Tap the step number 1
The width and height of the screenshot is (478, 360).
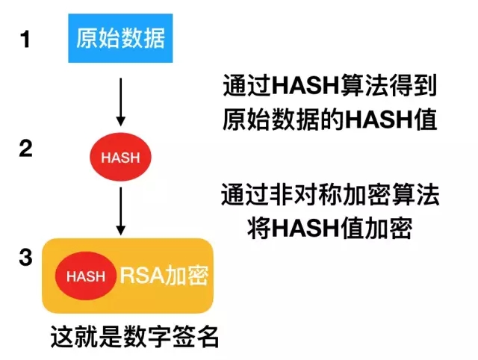25,39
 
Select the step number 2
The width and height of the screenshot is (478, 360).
25,149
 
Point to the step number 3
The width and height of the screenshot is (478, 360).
25,258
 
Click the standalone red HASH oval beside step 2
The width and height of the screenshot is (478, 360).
120,157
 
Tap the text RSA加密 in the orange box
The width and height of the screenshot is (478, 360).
164,275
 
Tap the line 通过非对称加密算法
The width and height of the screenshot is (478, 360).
329,196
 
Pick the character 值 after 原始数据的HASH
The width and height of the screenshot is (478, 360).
426,120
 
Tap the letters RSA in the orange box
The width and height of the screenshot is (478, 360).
137,275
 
